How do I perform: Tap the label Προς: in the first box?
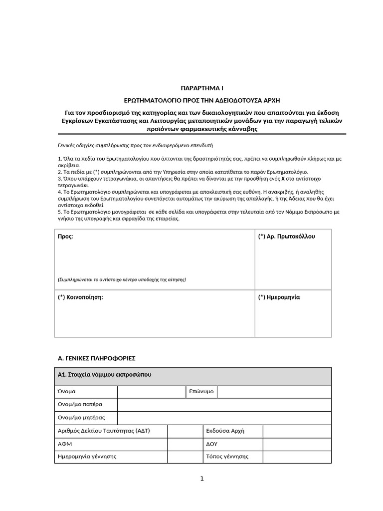[x=66, y=237]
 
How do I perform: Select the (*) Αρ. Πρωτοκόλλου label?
[x=287, y=237]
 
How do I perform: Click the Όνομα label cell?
[x=67, y=392]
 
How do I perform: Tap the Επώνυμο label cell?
[x=201, y=392]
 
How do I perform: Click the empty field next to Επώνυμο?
[x=274, y=392]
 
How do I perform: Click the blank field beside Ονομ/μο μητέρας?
[x=224, y=418]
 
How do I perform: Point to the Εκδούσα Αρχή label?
[x=225, y=431]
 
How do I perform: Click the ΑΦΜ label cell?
[x=66, y=444]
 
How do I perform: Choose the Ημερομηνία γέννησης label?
[x=87, y=457]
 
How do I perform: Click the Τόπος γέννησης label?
[x=227, y=457]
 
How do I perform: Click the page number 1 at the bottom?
[x=202, y=479]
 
